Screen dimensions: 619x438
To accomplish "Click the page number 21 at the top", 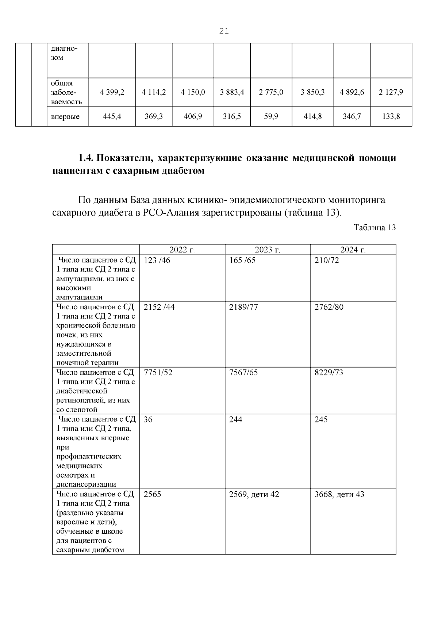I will pyautogui.click(x=224, y=31).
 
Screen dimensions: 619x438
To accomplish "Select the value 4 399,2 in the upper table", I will pyautogui.click(x=112, y=93).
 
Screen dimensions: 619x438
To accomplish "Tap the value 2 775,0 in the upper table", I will pyautogui.click(x=271, y=93).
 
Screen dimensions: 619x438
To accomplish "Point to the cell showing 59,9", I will pyautogui.click(x=271, y=117).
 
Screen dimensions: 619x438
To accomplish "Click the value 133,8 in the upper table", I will pyautogui.click(x=391, y=117).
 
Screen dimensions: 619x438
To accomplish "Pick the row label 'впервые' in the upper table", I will pyautogui.click(x=65, y=117).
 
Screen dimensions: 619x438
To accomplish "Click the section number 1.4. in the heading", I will pyautogui.click(x=86, y=158).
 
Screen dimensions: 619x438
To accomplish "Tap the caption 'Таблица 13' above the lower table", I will pyautogui.click(x=374, y=228).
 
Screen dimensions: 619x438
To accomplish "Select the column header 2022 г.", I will pyautogui.click(x=182, y=250).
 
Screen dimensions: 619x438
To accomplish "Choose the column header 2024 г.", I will pyautogui.click(x=353, y=250).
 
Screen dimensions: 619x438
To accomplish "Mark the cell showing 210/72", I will pyautogui.click(x=326, y=261).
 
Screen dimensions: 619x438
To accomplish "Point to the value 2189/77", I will pyautogui.click(x=243, y=307).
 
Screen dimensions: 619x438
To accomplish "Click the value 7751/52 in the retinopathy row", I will pyautogui.click(x=158, y=372).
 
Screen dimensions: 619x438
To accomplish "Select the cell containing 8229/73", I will pyautogui.click(x=328, y=372).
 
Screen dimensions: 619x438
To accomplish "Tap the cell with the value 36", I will pyautogui.click(x=148, y=419).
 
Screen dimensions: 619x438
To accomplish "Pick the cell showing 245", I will pyautogui.click(x=321, y=419).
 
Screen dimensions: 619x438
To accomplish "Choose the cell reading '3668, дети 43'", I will pyautogui.click(x=339, y=495).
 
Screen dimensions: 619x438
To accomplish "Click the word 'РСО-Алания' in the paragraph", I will pyautogui.click(x=170, y=213).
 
